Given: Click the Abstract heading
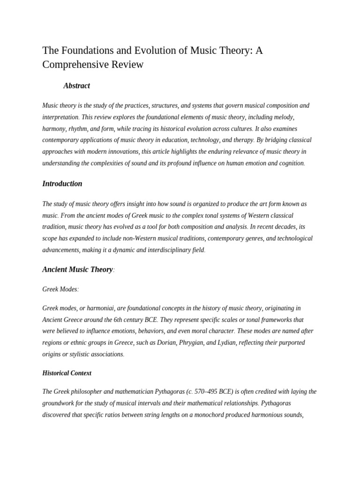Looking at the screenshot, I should tap(76, 86).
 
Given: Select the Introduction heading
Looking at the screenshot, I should tap(62, 184).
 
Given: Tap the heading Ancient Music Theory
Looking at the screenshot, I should tap(77, 270).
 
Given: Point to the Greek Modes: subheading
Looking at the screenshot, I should tap(60, 290).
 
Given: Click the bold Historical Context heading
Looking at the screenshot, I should tap(67, 373).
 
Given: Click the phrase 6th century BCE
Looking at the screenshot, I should tap(132, 320).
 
